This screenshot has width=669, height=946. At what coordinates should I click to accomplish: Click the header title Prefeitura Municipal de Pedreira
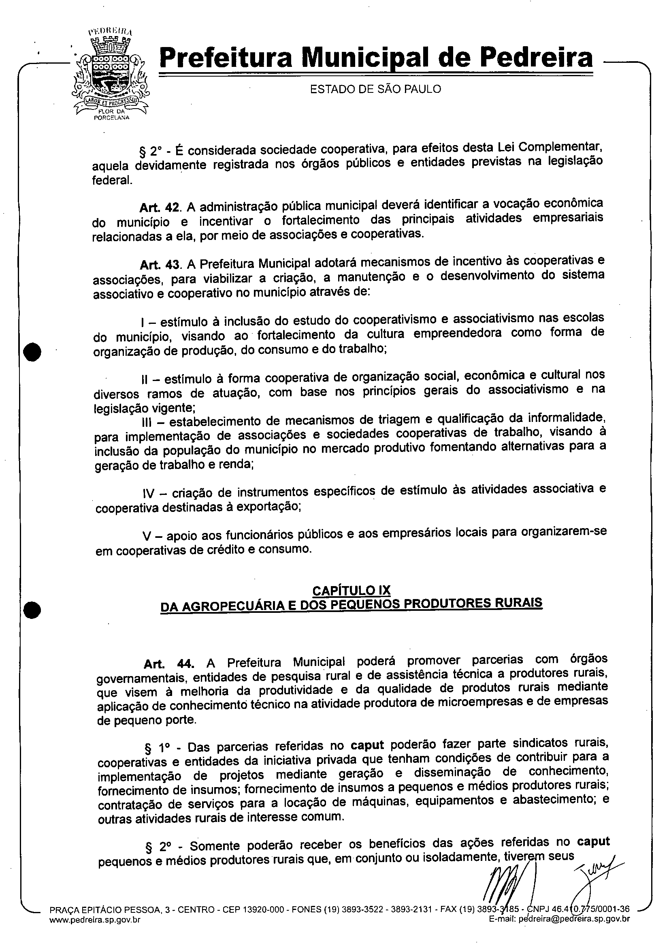point(376,57)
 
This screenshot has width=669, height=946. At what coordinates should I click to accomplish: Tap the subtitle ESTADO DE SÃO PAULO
point(375,89)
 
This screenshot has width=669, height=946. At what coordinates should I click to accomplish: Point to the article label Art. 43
point(161,264)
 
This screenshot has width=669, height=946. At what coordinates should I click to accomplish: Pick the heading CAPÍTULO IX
point(351,590)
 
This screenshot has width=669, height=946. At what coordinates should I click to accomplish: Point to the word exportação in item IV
point(267,507)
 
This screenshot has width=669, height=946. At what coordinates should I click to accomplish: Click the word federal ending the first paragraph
point(112,180)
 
